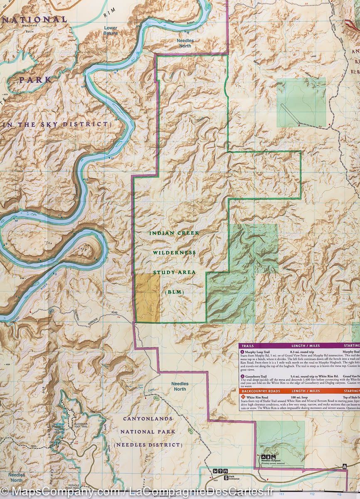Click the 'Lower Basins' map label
tap(111, 31)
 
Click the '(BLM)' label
tap(174, 292)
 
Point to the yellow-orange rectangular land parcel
tap(148, 297)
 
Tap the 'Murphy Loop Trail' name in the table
tap(259, 352)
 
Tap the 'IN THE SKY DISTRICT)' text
tap(58, 124)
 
